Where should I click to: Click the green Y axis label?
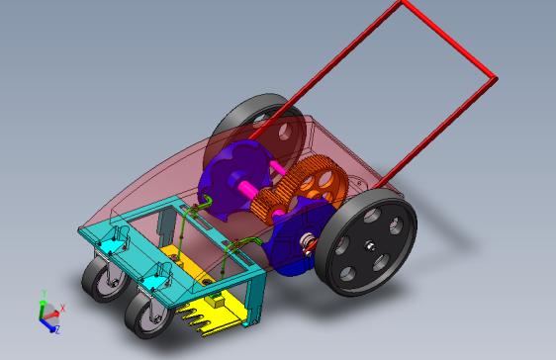pos(44,293)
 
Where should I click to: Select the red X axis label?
pos(62,309)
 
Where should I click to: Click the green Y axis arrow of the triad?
pos(43,308)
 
